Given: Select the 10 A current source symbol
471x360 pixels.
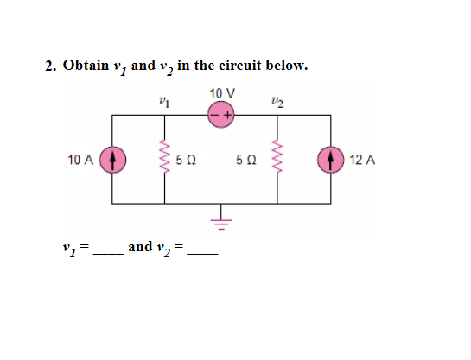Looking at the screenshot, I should point(113,160).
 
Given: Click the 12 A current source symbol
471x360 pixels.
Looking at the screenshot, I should point(333,160).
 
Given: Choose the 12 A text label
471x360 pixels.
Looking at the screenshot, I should point(363,160).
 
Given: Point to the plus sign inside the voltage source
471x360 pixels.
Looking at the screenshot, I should point(230,115).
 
